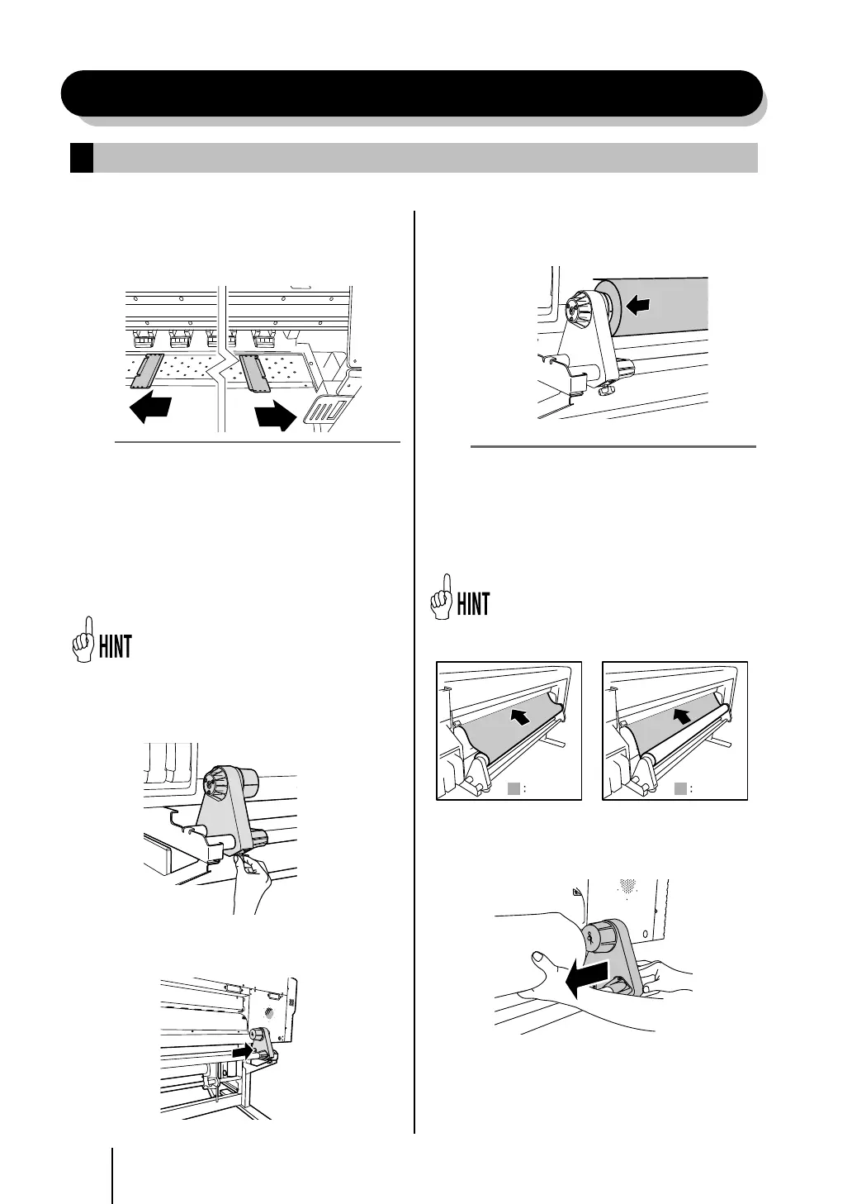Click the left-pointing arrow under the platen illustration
point(150,408)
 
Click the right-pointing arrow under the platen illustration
point(276,416)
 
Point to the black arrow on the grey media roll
point(637,306)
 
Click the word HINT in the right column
point(473,604)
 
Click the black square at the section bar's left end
point(81,158)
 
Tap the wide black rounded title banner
point(411,93)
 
